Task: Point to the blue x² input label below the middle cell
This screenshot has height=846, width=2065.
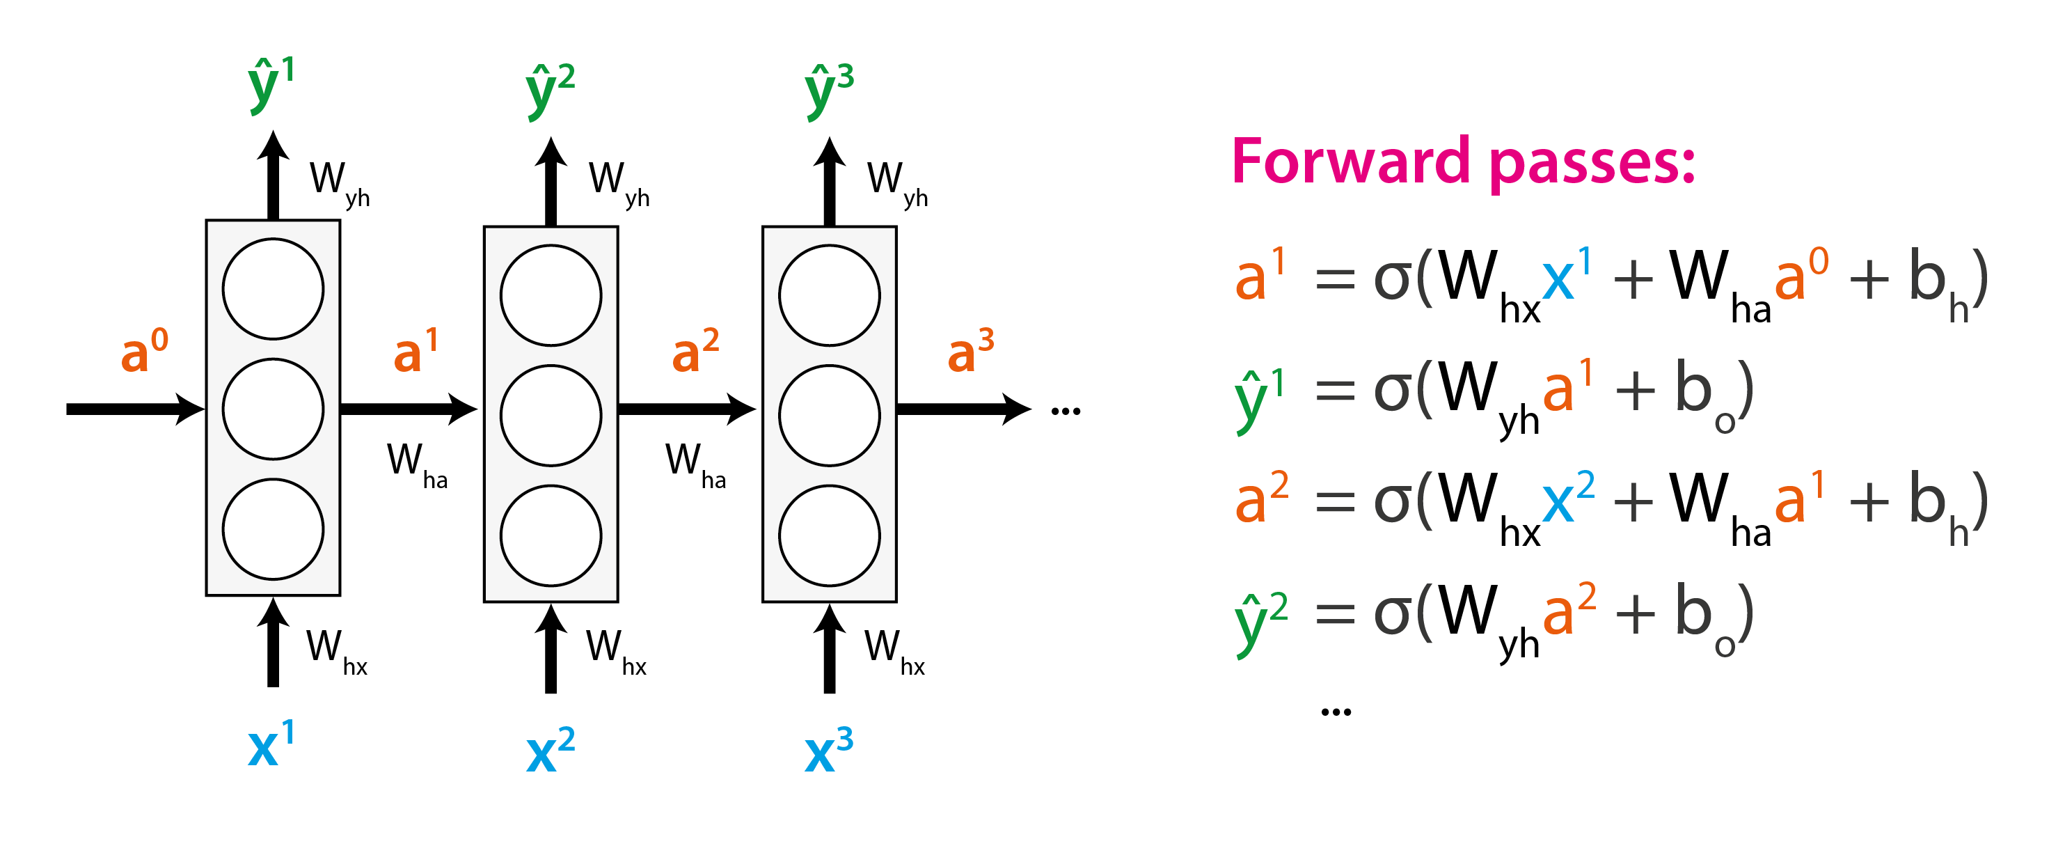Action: click(x=550, y=751)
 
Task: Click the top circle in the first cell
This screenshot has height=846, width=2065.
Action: click(x=274, y=289)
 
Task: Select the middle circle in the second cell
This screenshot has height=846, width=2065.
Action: click(x=551, y=416)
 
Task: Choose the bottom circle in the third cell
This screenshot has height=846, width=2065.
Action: click(x=829, y=535)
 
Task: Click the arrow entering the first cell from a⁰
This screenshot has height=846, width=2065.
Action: click(x=132, y=409)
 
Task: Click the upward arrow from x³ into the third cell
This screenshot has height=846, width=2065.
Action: click(x=829, y=650)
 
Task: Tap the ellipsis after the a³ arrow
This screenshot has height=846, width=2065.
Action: click(x=1066, y=412)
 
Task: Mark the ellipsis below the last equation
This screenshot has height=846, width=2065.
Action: click(x=1336, y=712)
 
